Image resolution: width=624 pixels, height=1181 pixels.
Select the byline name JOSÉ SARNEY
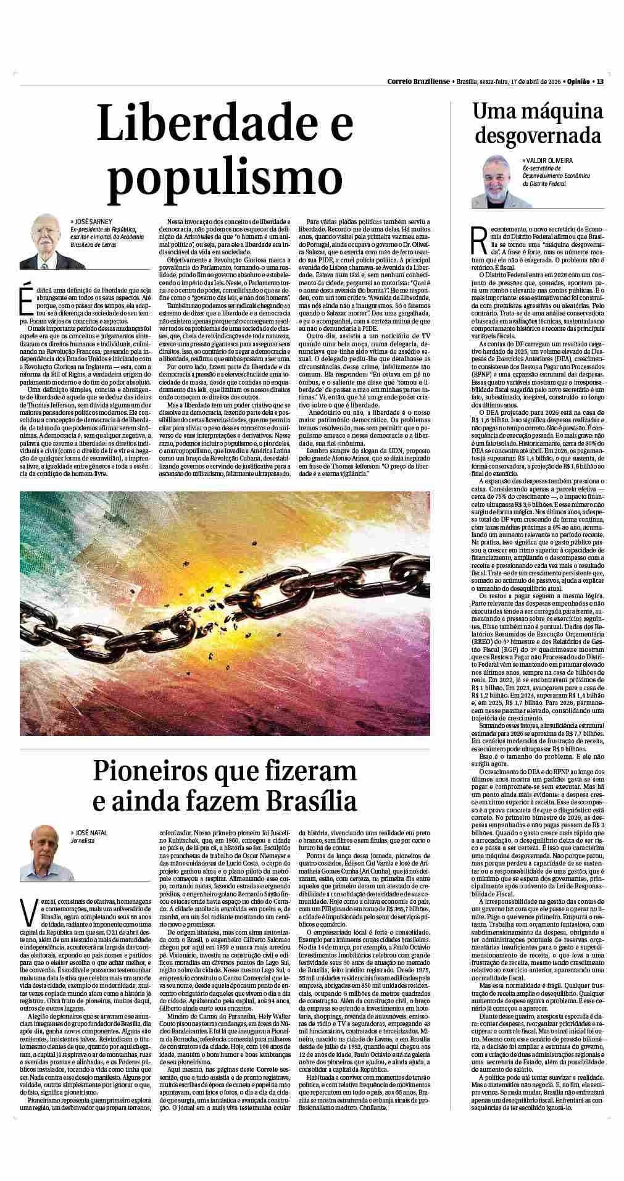[92, 220]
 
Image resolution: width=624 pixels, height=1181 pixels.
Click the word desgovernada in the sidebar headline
[538, 135]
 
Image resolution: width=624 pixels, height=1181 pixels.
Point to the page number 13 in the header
[599, 81]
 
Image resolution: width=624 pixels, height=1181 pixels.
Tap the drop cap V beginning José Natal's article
[27, 912]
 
